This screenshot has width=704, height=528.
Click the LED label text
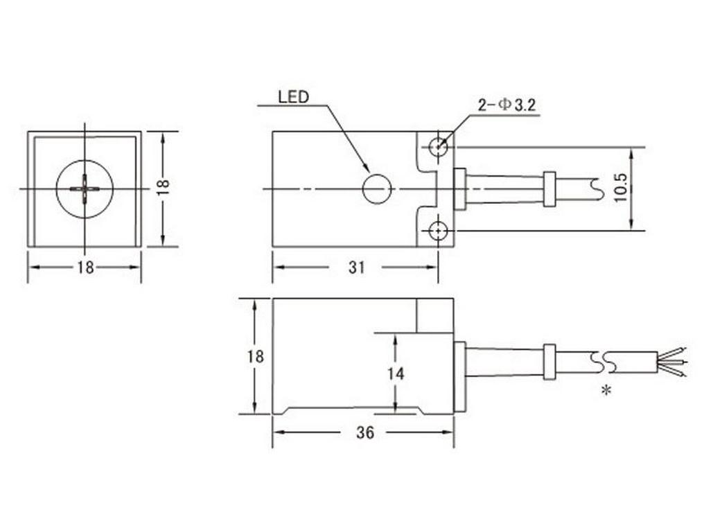292,96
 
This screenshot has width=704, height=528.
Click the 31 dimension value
355,267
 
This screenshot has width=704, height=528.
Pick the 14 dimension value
396,373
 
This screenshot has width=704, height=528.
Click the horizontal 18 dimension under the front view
85,267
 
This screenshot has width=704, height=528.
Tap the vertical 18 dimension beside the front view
164,188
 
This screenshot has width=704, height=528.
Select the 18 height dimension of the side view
256,356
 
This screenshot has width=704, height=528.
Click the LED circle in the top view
378,189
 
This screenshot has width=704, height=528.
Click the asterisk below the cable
606,391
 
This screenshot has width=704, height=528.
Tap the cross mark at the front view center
85,188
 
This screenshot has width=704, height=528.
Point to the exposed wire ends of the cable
672,362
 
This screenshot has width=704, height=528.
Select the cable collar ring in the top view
549,189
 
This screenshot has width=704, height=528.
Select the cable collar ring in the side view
549,361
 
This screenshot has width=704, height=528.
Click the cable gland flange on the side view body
459,376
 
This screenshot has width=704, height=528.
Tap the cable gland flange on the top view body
459,188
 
